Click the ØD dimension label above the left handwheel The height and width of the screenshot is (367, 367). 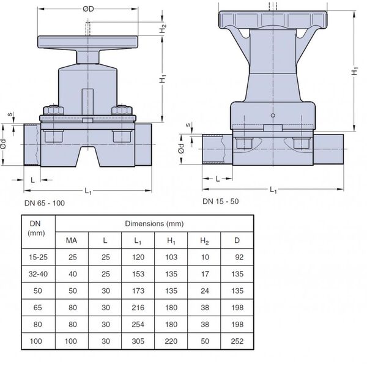pyautogui.click(x=88, y=9)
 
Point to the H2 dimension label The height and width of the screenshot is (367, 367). pyautogui.click(x=163, y=29)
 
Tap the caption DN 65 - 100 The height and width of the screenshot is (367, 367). pyautogui.click(x=45, y=203)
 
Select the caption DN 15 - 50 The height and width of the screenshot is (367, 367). pyautogui.click(x=220, y=201)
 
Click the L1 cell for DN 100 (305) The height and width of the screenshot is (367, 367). pyautogui.click(x=138, y=341)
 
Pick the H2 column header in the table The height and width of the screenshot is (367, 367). pyautogui.click(x=204, y=240)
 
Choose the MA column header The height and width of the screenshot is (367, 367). pyautogui.click(x=72, y=240)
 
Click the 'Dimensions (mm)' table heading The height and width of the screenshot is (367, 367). pyautogui.click(x=154, y=223)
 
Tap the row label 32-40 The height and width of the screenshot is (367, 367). pyautogui.click(x=38, y=274)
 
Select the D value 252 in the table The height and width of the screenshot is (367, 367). pyautogui.click(x=237, y=341)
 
